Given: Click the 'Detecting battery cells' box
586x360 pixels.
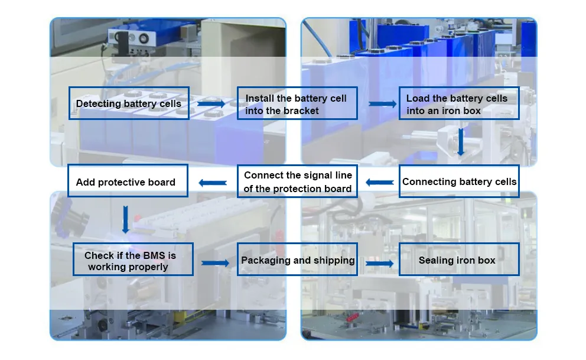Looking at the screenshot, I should click(x=129, y=103).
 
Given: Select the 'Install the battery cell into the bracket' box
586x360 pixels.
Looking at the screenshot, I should click(x=297, y=103).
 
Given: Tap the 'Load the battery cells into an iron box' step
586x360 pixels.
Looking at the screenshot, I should click(x=458, y=103).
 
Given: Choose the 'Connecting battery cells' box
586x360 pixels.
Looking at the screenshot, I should click(x=459, y=181).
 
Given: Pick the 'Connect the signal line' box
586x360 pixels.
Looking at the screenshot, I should click(x=298, y=181).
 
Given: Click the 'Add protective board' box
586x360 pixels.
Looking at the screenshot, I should click(x=128, y=181).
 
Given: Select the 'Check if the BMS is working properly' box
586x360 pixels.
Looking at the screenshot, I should click(x=133, y=259).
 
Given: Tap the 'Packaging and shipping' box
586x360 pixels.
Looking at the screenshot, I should click(x=298, y=260).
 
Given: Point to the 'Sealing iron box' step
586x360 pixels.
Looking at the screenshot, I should click(x=458, y=260).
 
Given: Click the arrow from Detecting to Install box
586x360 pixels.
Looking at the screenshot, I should click(x=211, y=103).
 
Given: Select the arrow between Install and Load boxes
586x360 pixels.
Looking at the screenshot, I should click(x=382, y=104).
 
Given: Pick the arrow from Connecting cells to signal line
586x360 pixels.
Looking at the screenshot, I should click(x=379, y=182).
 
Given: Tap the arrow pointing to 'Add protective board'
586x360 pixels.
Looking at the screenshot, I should click(x=212, y=183).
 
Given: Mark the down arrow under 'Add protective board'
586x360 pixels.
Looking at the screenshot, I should click(x=125, y=219).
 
